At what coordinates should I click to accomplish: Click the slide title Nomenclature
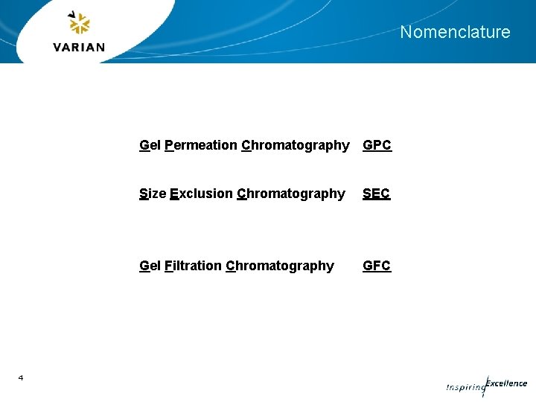pos(455,32)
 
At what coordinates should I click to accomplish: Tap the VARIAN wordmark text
pos(79,47)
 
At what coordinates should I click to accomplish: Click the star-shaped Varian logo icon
pos(78,23)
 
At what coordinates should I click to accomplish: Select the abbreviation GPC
pos(377,145)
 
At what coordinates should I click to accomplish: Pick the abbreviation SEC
pos(376,194)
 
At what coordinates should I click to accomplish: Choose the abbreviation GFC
pos(376,266)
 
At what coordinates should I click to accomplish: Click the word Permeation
pos(200,145)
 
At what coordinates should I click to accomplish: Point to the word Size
pos(153,194)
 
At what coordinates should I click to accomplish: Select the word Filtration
pos(192,266)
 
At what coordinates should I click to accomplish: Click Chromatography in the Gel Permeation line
pos(295,145)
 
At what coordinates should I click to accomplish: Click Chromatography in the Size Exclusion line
pos(290,194)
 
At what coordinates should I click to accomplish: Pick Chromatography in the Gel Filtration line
pos(279,266)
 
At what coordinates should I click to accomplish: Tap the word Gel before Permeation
pos(150,145)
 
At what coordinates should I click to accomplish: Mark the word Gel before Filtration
pos(150,266)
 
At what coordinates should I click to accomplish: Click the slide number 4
pos(21,378)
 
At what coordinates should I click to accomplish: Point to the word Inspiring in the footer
pos(465,388)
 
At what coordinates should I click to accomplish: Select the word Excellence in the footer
pos(506,383)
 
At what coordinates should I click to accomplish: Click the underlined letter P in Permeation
pos(169,145)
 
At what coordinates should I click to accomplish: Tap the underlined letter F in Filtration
pos(168,266)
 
